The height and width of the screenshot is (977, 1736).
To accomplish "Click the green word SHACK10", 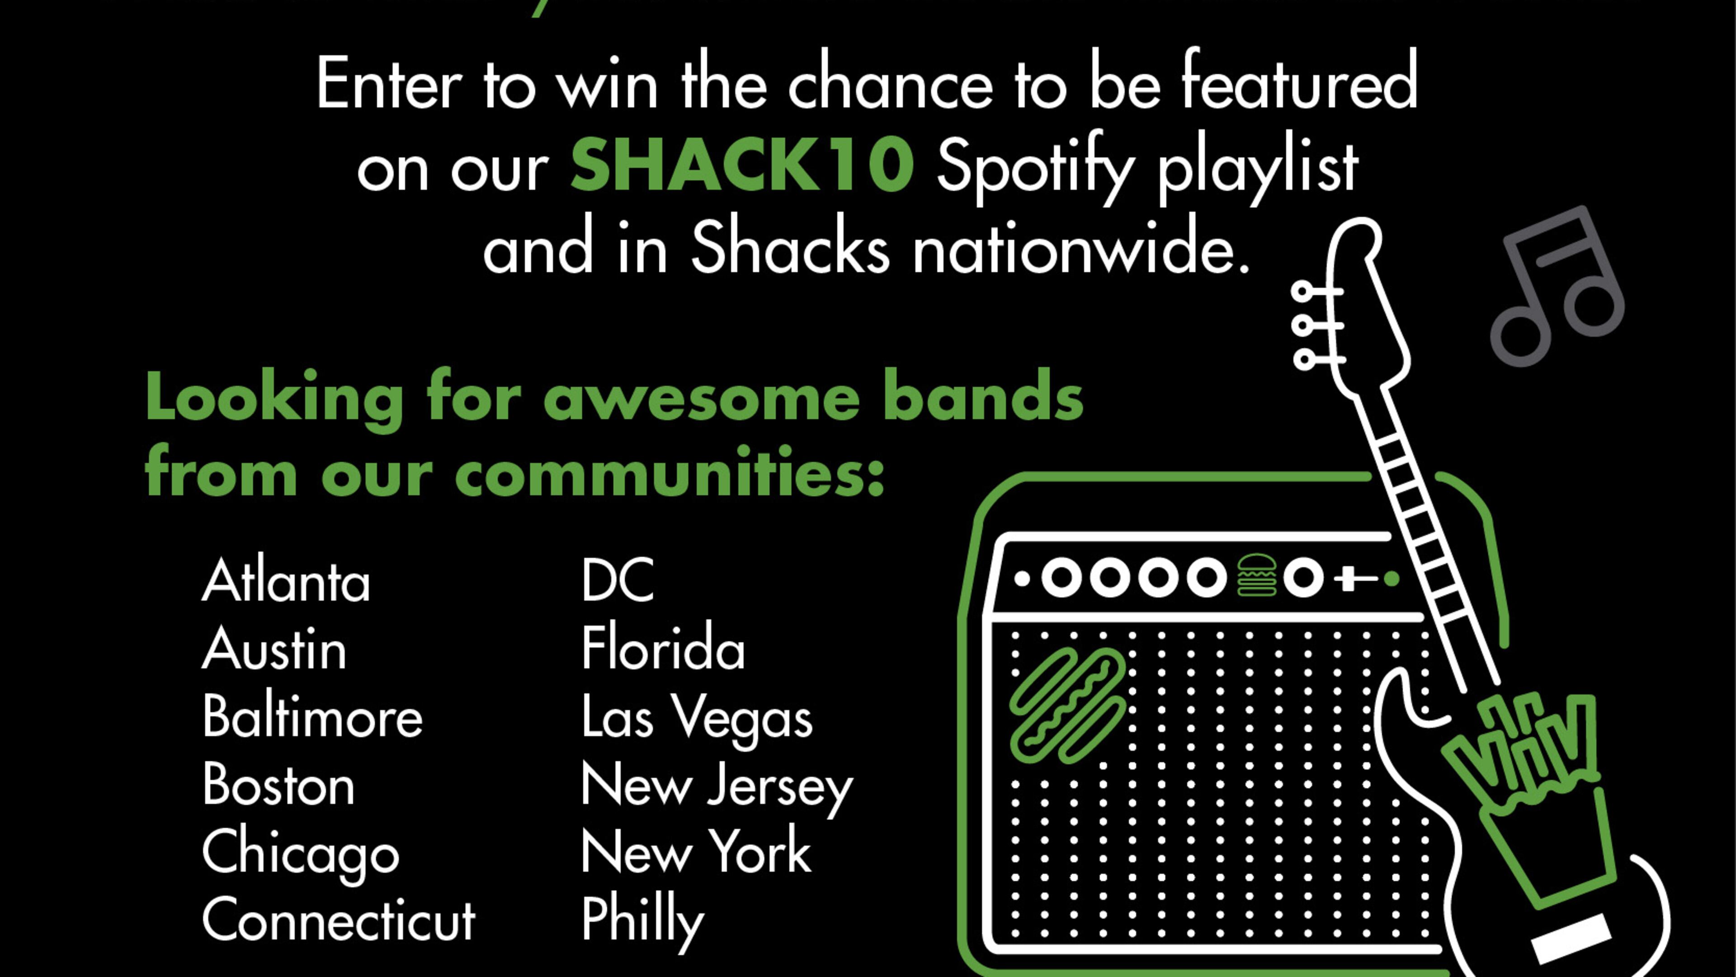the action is coord(742,164).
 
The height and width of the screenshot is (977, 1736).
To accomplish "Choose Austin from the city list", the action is coord(274,648).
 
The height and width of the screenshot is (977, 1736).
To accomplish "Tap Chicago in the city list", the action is coord(301,855).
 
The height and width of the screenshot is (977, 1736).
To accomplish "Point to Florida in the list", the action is coord(663,648).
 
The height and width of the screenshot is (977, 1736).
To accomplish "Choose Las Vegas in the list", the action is coord(697,720).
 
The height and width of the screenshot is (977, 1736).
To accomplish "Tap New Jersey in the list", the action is coord(717,787).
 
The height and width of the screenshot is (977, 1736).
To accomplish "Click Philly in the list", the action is coord(642,922).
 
